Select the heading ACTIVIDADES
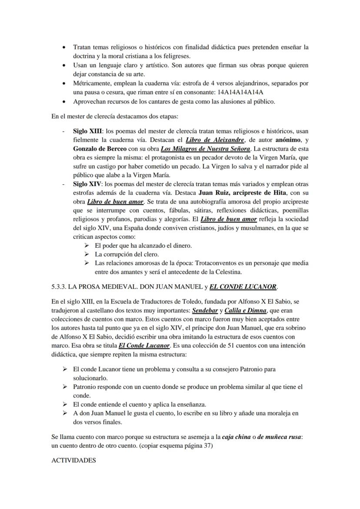tap(73, 460)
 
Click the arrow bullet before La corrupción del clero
tap(86, 254)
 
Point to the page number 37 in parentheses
tap(208, 445)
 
